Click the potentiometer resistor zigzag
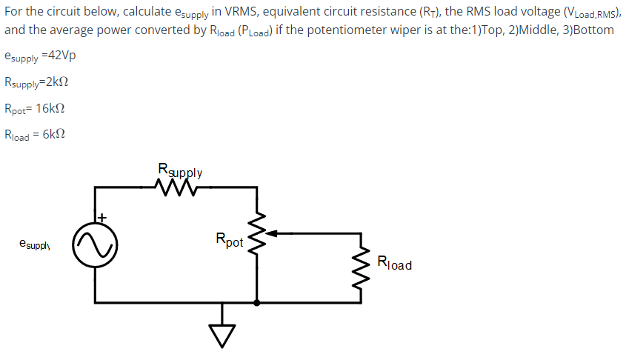pos(257,233)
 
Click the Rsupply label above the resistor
pos(180,170)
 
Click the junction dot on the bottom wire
pos(257,302)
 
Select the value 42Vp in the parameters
pos(60,56)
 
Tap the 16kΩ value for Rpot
pos(50,108)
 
